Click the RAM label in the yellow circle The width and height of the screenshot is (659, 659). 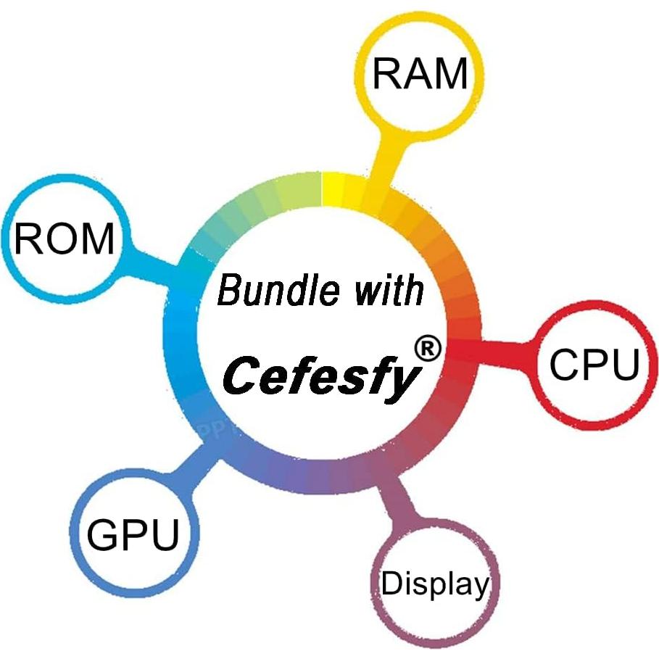[420, 73]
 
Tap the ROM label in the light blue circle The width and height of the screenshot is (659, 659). [64, 239]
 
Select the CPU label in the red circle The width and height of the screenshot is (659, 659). [594, 364]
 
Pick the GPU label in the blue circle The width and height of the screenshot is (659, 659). [133, 534]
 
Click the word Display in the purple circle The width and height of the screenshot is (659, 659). [435, 584]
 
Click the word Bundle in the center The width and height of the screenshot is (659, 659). [278, 289]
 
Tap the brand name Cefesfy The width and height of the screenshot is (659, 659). [321, 376]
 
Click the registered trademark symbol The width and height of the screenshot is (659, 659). [428, 349]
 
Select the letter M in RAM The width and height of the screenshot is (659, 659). [451, 73]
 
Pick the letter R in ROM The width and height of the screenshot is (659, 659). [27, 239]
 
